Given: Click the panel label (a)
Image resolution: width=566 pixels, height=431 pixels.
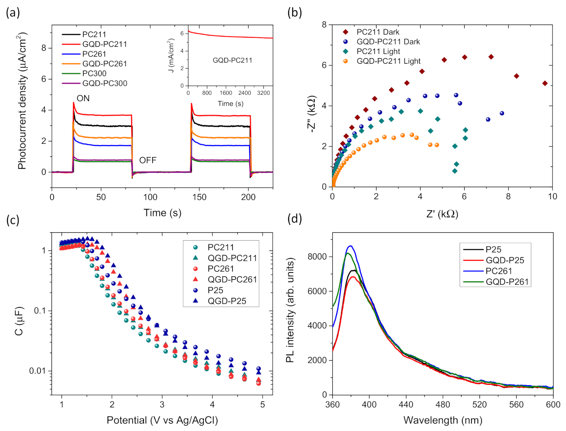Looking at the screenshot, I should [x=13, y=13].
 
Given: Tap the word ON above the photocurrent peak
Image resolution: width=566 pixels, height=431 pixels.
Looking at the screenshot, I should [x=83, y=98].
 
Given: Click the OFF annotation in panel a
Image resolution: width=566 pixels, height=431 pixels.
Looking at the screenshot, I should [x=148, y=160].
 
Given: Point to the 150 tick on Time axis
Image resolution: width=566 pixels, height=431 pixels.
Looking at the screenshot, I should [x=199, y=197].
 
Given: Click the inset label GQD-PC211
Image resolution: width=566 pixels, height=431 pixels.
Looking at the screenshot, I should [x=232, y=60].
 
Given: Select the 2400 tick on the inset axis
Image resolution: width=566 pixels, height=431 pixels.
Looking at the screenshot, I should [x=245, y=93].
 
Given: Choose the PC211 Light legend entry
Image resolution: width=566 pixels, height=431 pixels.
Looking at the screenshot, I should [x=378, y=52].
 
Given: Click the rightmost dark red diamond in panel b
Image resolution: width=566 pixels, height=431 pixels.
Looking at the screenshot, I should [x=545, y=83].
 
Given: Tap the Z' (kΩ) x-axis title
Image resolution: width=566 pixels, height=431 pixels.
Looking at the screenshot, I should [x=442, y=214].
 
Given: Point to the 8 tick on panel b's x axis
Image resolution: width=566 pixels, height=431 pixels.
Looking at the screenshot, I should [x=508, y=196].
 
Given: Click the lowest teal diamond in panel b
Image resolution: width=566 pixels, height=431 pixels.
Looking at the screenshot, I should [x=454, y=171].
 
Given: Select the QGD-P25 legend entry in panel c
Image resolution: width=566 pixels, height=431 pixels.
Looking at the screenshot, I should [x=226, y=301].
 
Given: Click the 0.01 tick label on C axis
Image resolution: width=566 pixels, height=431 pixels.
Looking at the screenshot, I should [x=37, y=371].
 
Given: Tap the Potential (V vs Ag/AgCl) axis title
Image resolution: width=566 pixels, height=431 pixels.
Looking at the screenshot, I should [x=162, y=420].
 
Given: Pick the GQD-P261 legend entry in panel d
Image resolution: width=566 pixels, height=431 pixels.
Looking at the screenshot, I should [x=507, y=282].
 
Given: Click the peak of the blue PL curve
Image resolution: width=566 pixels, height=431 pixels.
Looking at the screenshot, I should [x=350, y=246].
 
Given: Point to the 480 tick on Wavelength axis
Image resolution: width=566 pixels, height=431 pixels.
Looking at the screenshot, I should [x=443, y=404].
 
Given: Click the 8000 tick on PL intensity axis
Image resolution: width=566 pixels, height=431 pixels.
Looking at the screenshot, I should [x=317, y=257].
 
